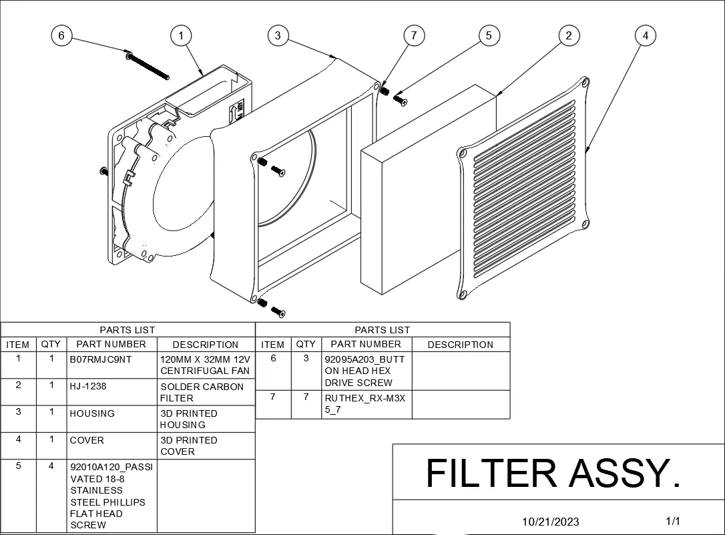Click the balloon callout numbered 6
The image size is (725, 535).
tap(61, 35)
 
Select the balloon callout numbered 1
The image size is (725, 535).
tap(181, 35)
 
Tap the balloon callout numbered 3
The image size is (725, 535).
tap(278, 35)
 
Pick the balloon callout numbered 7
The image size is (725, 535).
tap(414, 35)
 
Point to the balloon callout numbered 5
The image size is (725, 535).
tap(489, 35)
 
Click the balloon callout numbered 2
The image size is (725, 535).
tap(568, 35)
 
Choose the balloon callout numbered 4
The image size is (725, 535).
tap(645, 35)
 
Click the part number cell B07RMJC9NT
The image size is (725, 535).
tap(112, 365)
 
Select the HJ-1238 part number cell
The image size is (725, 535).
tap(112, 392)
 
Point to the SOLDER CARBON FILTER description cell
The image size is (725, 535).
tap(206, 392)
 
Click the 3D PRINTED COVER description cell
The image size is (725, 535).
tap(206, 445)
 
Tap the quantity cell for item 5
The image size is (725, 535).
tap(51, 496)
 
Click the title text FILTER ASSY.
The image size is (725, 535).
tap(553, 473)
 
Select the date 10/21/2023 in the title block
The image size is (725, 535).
tap(551, 522)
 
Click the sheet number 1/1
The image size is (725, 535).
tap(673, 521)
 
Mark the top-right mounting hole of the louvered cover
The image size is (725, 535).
tap(585, 83)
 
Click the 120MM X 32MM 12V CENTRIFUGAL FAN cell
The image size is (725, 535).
tap(206, 365)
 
